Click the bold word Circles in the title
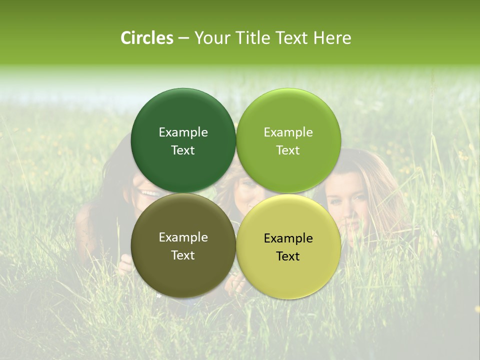click(147, 37)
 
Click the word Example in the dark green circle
click(183, 132)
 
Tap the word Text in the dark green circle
click(183, 150)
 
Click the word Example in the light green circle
click(288, 132)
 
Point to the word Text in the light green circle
click(288, 150)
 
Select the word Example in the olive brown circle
click(183, 237)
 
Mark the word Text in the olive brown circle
click(183, 255)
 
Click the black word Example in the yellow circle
click(288, 238)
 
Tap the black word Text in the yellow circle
click(288, 256)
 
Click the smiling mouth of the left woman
click(149, 193)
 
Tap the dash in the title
click(183, 38)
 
